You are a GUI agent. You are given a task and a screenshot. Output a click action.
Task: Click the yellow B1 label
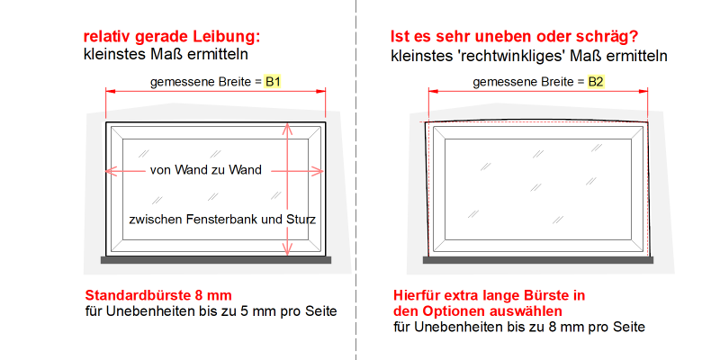[x=273, y=82]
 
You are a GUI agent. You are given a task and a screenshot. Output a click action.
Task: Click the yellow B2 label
[x=596, y=82]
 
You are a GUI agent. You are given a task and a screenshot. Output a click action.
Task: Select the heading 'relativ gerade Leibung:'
[x=172, y=37]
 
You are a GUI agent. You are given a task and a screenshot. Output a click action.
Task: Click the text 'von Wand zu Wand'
[x=206, y=170]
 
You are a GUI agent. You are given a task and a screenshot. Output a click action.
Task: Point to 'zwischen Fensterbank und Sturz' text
[x=222, y=220]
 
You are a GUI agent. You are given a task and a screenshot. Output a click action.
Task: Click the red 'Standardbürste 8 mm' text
[x=158, y=294]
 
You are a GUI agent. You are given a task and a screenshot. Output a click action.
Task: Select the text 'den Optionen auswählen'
[x=478, y=311]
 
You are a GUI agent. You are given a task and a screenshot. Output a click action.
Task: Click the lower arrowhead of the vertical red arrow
[x=287, y=250]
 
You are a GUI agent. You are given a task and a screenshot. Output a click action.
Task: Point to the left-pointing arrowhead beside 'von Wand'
[x=112, y=171]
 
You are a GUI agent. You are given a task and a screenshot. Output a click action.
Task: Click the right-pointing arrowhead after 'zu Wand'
[x=319, y=171]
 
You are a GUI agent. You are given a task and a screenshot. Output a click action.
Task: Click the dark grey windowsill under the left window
[x=216, y=260]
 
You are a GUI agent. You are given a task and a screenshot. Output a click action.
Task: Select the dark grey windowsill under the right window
[x=537, y=260]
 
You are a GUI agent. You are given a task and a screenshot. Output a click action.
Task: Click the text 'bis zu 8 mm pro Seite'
[x=580, y=327]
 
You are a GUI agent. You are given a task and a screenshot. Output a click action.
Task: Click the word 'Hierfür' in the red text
[x=413, y=295]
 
